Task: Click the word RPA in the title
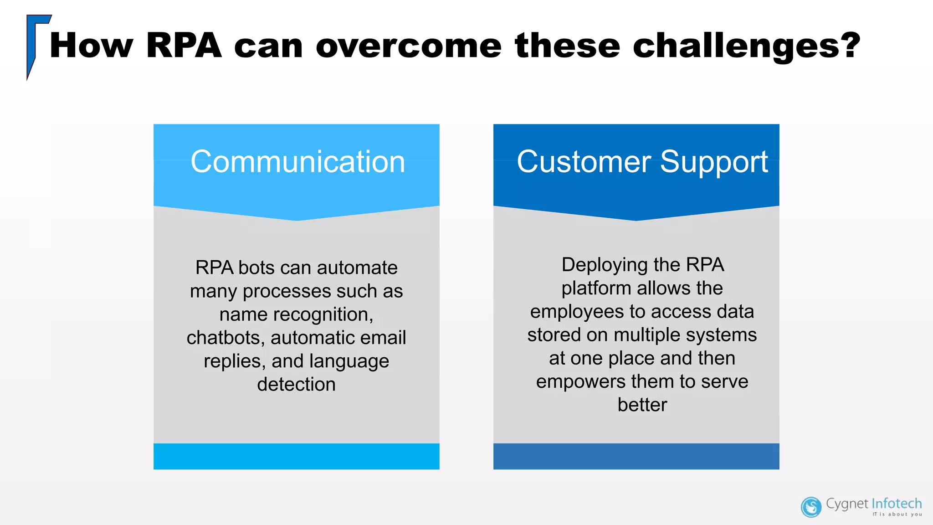(184, 46)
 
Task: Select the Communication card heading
(297, 162)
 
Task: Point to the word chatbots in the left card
(223, 338)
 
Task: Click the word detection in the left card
(296, 384)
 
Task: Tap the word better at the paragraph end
(642, 405)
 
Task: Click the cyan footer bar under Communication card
(296, 456)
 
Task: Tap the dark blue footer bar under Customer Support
(636, 456)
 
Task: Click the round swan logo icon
(811, 507)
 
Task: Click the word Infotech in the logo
(896, 504)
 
